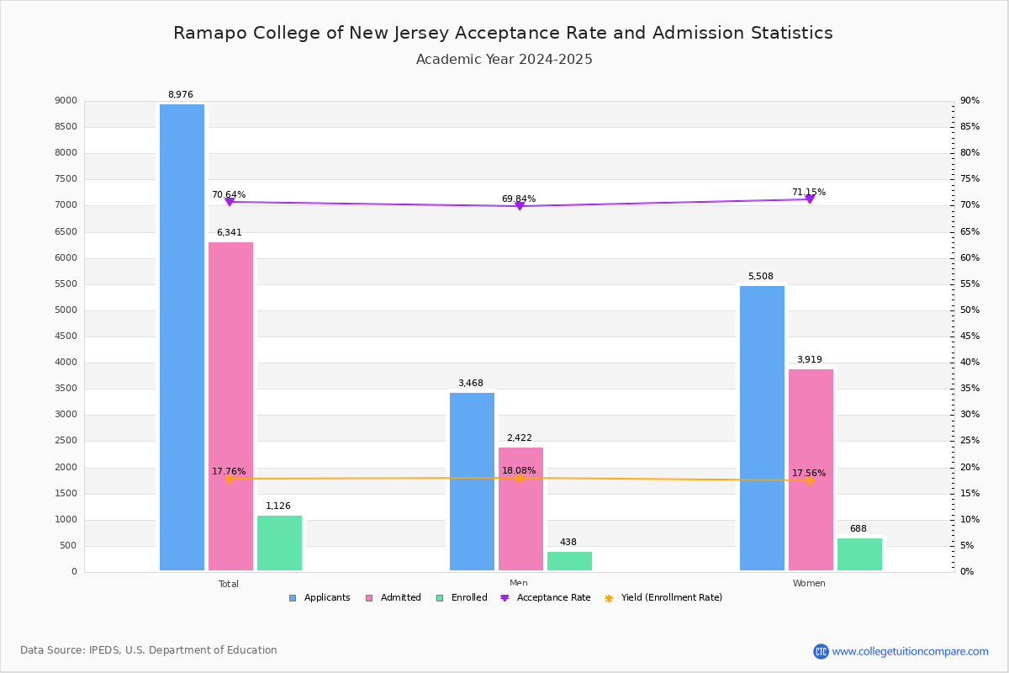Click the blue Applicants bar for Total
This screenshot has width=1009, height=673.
pos(182,336)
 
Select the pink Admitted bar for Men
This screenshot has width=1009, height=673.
pos(520,509)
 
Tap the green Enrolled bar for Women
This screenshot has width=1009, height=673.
pos(859,554)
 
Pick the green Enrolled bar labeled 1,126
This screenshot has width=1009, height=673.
pos(279,543)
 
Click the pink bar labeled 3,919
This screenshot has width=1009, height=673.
pos(811,469)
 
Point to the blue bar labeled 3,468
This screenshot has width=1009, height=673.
pos(472,481)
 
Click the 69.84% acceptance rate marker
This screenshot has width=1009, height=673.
pos(520,206)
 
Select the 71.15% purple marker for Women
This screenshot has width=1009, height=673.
pos(810,199)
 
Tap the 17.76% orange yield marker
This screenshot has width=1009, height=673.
pos(229,479)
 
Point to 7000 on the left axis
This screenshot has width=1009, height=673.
pos(66,205)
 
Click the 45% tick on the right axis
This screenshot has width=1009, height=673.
pos(969,336)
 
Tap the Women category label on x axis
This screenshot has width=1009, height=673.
pos(809,584)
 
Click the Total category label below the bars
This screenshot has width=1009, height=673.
pos(229,584)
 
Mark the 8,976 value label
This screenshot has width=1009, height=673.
pos(181,95)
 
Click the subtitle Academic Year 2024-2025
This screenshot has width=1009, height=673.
pos(504,60)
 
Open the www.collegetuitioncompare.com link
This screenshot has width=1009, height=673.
pos(910,651)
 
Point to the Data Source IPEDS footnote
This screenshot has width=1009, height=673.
pos(149,650)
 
